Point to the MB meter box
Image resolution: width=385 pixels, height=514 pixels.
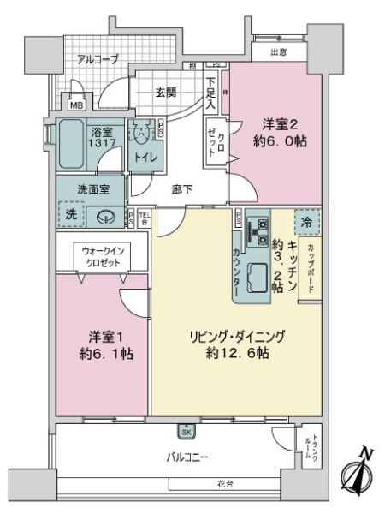tap(76, 105)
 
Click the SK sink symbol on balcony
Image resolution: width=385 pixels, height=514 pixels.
tap(186, 432)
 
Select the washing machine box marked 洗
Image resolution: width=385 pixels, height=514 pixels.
tap(72, 215)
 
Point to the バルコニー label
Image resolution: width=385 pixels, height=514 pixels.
tap(187, 457)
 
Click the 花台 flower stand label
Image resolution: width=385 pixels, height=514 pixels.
tap(225, 484)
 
